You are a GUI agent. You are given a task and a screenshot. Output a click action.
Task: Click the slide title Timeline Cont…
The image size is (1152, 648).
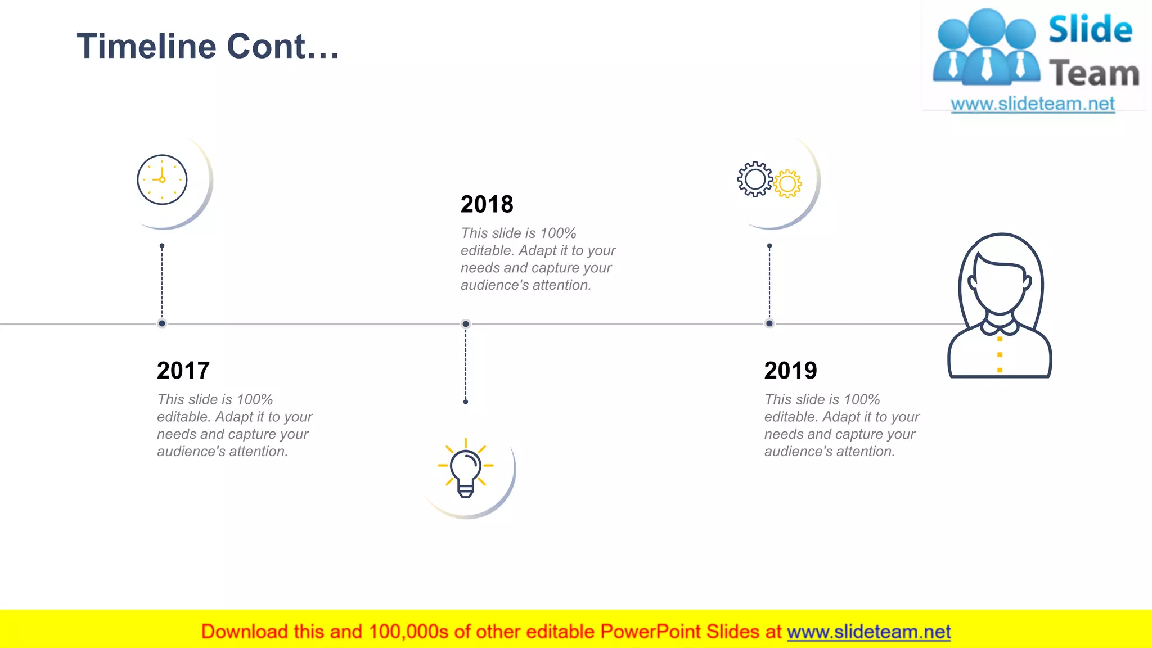click(208, 46)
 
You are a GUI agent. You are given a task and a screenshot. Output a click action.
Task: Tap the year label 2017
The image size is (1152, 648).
click(183, 371)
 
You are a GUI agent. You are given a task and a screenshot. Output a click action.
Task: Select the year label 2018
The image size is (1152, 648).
click(487, 204)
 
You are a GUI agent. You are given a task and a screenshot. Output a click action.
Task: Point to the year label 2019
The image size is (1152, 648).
click(790, 371)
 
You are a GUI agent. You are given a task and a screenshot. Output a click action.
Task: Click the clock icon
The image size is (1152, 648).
click(162, 179)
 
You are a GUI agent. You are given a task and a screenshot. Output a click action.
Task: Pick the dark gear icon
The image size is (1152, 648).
click(755, 179)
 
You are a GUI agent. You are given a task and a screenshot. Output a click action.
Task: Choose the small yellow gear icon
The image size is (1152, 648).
click(787, 183)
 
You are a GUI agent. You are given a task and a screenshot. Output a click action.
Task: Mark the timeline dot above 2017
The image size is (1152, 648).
click(162, 323)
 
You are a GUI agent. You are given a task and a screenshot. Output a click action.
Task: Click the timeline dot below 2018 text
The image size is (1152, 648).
click(466, 324)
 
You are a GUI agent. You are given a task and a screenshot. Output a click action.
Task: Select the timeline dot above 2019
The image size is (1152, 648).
click(769, 323)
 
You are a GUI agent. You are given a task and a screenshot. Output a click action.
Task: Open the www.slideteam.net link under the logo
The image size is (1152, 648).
click(1033, 104)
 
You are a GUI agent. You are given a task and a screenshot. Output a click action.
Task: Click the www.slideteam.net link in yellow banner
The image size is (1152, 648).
click(868, 632)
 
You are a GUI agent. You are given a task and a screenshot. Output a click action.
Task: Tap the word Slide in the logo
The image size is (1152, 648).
click(1090, 30)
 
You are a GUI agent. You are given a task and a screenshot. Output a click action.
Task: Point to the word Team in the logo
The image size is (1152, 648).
click(1094, 74)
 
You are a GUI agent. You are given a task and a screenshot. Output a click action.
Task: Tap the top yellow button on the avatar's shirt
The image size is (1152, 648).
click(1000, 339)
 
